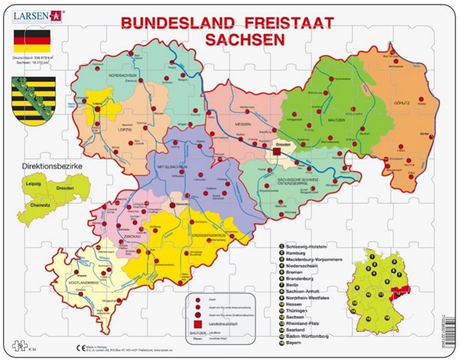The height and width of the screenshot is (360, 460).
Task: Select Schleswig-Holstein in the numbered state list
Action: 307,243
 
